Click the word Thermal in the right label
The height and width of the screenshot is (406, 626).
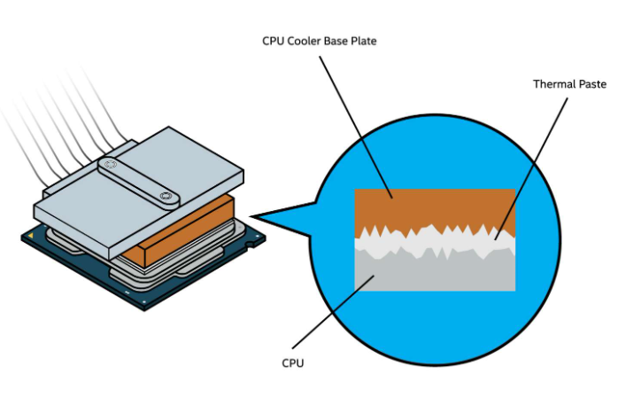coord(553,84)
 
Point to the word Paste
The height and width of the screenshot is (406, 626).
coord(589,84)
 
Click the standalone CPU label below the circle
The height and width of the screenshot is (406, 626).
coord(293,363)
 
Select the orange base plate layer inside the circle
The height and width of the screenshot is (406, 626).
coord(434,206)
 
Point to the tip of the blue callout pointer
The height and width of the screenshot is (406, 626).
coord(253,216)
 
